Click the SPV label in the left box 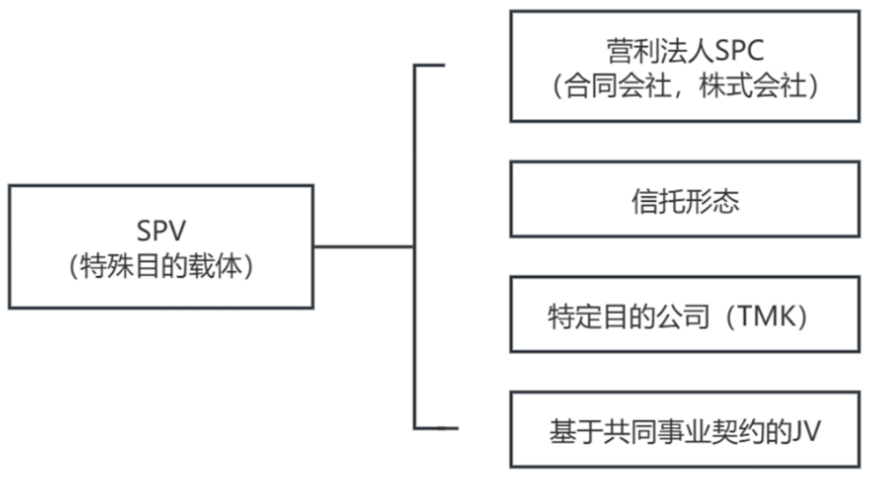click(x=162, y=230)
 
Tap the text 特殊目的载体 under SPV click(x=162, y=266)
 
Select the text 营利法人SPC click(x=685, y=51)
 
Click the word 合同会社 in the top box click(x=618, y=86)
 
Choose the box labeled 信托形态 click(x=685, y=199)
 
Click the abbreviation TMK click(x=766, y=317)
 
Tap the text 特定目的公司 click(x=628, y=317)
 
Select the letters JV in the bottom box click(x=807, y=431)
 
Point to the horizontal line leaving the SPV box click(x=364, y=246)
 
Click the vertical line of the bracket click(x=415, y=246)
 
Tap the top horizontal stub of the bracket click(x=429, y=65)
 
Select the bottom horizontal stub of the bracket click(x=436, y=428)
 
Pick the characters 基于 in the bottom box click(x=576, y=431)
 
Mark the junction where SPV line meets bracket click(x=415, y=246)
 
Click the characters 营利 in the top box click(x=634, y=51)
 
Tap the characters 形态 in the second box click(x=712, y=201)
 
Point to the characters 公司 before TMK click(x=682, y=317)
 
